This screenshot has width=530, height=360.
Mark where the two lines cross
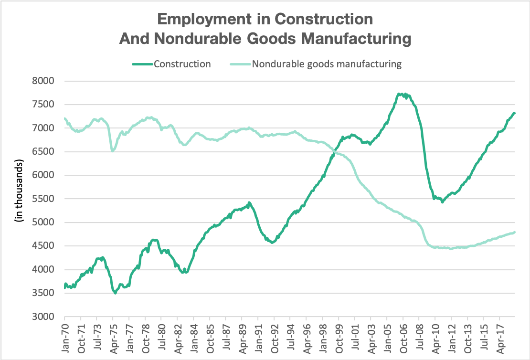(335, 151)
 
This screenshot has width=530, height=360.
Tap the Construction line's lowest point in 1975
(115, 293)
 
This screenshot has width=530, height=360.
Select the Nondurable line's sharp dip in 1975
(112, 151)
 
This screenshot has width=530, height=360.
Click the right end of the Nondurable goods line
(514, 233)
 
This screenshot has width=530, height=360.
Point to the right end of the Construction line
(514, 113)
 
